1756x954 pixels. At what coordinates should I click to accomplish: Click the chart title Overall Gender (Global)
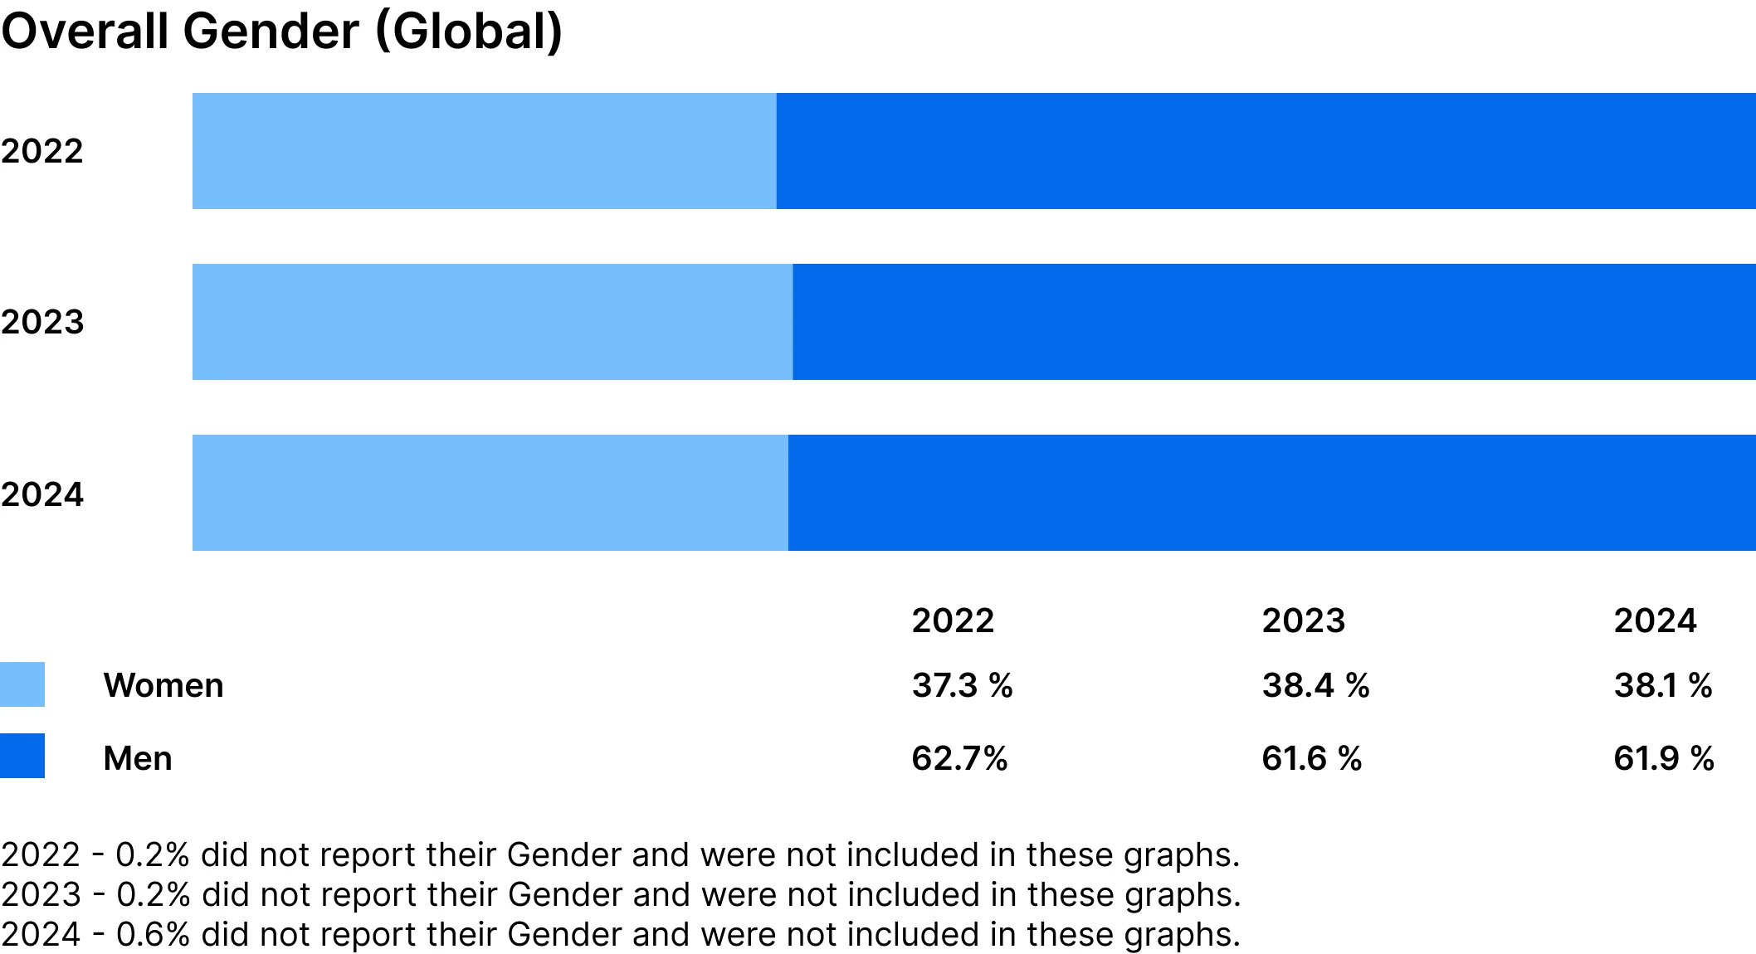(282, 32)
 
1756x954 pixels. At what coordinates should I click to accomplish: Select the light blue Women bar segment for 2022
(484, 151)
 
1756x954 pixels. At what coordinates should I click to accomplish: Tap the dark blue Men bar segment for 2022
(1266, 151)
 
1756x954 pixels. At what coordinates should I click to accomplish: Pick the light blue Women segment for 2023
(492, 322)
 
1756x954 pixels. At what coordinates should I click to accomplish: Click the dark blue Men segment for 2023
(1274, 322)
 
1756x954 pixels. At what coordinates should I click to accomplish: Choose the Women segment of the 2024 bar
(490, 493)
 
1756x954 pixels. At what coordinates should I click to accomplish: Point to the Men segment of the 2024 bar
(1271, 493)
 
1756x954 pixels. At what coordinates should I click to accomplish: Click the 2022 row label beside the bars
(42, 151)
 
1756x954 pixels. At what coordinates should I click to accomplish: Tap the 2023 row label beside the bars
(42, 322)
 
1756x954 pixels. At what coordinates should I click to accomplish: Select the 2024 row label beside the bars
(42, 494)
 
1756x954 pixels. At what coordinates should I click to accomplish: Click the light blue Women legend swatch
(22, 684)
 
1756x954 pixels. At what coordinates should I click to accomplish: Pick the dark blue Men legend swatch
(22, 756)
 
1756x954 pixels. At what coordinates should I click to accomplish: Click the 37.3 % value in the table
(962, 685)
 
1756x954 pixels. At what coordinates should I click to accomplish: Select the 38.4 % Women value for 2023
(1315, 685)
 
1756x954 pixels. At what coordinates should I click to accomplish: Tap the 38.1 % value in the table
(1663, 685)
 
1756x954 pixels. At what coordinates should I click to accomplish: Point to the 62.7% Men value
(959, 758)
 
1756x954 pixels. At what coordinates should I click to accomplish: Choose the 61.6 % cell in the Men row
(1312, 758)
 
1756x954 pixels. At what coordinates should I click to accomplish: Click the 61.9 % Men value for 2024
(1664, 758)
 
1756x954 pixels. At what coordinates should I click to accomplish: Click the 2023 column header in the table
(1303, 621)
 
